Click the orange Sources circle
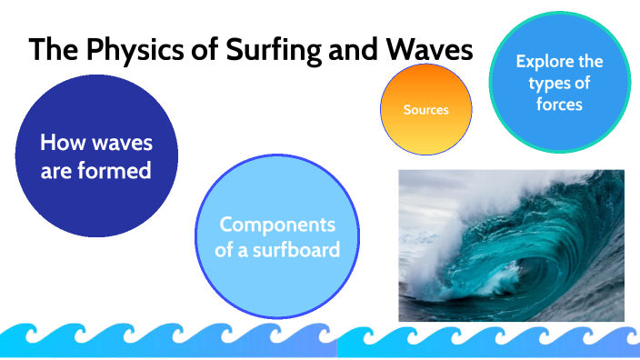click(425, 109)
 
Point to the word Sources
click(425, 110)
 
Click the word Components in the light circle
click(277, 224)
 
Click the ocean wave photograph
click(511, 245)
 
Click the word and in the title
click(356, 50)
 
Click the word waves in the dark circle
click(120, 143)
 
